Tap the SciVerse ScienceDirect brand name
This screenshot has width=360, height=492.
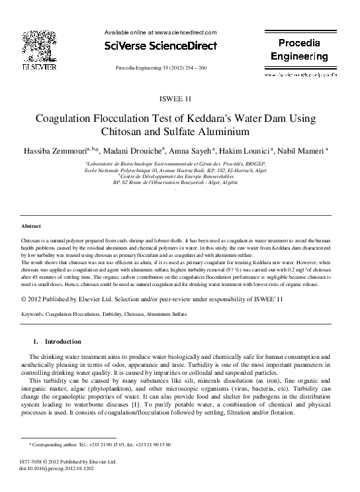(x=161, y=46)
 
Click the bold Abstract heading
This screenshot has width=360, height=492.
(x=32, y=226)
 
